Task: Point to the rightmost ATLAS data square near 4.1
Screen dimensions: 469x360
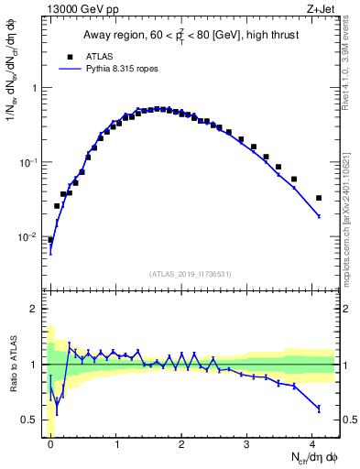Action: pos(319,198)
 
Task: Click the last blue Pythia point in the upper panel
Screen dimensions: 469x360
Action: pos(319,216)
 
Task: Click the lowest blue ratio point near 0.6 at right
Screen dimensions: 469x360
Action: pos(319,408)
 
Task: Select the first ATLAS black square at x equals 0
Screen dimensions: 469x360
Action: pos(50,240)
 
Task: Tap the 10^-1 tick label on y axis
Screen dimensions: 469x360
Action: pos(30,162)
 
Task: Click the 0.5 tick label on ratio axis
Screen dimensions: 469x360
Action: pos(32,420)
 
